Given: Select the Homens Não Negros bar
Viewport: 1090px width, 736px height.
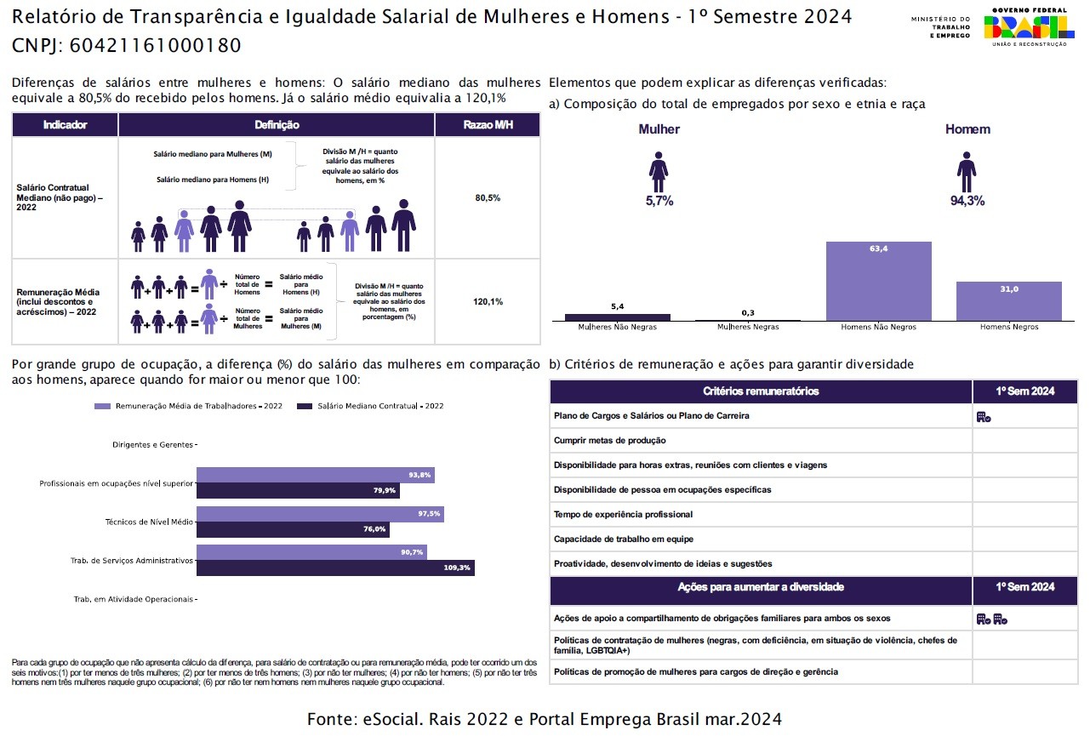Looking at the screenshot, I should (x=878, y=281).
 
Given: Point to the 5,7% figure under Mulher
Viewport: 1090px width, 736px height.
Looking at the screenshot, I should (x=659, y=201).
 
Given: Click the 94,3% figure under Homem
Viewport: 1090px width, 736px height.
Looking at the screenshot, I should (x=967, y=201).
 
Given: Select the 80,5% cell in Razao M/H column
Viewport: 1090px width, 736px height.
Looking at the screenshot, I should (x=488, y=197).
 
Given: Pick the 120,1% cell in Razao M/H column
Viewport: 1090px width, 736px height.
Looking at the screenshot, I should (x=488, y=301).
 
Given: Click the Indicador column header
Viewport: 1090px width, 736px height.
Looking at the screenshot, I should (x=65, y=125).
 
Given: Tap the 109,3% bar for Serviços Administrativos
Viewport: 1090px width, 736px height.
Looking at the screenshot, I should (x=335, y=568).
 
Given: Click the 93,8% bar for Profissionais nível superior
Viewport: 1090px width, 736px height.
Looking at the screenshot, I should (x=315, y=475).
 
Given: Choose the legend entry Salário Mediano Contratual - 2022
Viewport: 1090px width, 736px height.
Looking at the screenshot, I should (x=374, y=407).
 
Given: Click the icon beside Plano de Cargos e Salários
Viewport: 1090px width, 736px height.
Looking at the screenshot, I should (x=984, y=417).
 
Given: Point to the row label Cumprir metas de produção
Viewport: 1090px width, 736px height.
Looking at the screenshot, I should (x=609, y=441).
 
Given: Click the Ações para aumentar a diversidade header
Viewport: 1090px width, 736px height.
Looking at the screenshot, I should (x=761, y=587).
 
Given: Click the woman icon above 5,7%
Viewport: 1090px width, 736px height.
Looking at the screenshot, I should (x=659, y=173).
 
